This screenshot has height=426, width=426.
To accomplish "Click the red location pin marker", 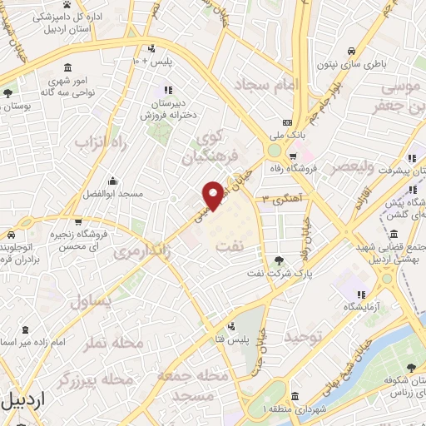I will [x=214, y=195].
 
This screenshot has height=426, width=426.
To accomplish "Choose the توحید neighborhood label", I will [x=303, y=337].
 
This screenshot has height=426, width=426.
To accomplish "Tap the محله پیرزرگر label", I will [x=96, y=380].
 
